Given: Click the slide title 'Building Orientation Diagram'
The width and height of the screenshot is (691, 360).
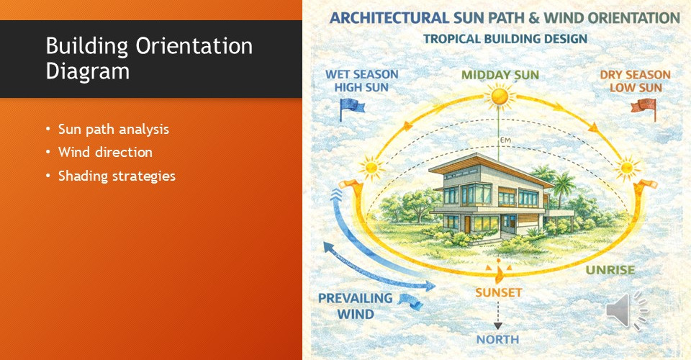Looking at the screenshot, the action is click(149, 58).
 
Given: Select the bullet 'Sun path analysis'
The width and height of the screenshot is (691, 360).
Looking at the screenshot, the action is click(114, 129).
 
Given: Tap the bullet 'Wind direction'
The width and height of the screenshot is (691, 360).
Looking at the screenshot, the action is click(105, 153).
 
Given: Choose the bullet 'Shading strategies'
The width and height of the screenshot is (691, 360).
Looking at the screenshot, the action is click(117, 176).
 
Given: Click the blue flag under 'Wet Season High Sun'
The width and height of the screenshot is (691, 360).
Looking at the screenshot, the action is click(352, 108).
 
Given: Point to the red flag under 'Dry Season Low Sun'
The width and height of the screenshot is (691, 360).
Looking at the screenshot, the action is click(644, 109).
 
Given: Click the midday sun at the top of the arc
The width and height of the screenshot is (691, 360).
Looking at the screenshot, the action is click(500, 96).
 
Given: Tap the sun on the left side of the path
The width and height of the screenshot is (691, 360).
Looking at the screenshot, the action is click(371, 168).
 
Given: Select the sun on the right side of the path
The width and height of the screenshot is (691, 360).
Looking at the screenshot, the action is click(626, 168).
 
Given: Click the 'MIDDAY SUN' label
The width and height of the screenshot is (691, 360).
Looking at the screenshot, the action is click(500, 76).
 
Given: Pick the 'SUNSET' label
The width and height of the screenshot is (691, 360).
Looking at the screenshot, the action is click(499, 292).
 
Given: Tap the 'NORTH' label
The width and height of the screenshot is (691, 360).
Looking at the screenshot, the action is click(498, 340).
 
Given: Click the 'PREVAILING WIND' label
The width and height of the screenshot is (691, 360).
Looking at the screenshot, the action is click(355, 306).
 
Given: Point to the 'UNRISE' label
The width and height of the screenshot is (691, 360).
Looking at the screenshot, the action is click(610, 270).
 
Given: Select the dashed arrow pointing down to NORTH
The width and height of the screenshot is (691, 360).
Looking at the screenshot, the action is click(498, 315).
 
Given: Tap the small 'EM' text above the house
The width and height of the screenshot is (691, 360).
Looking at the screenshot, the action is click(506, 140).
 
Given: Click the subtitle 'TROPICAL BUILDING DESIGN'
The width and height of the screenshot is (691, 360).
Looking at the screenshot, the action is click(505, 39).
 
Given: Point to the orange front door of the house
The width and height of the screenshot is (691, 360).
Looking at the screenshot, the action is click(467, 225).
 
